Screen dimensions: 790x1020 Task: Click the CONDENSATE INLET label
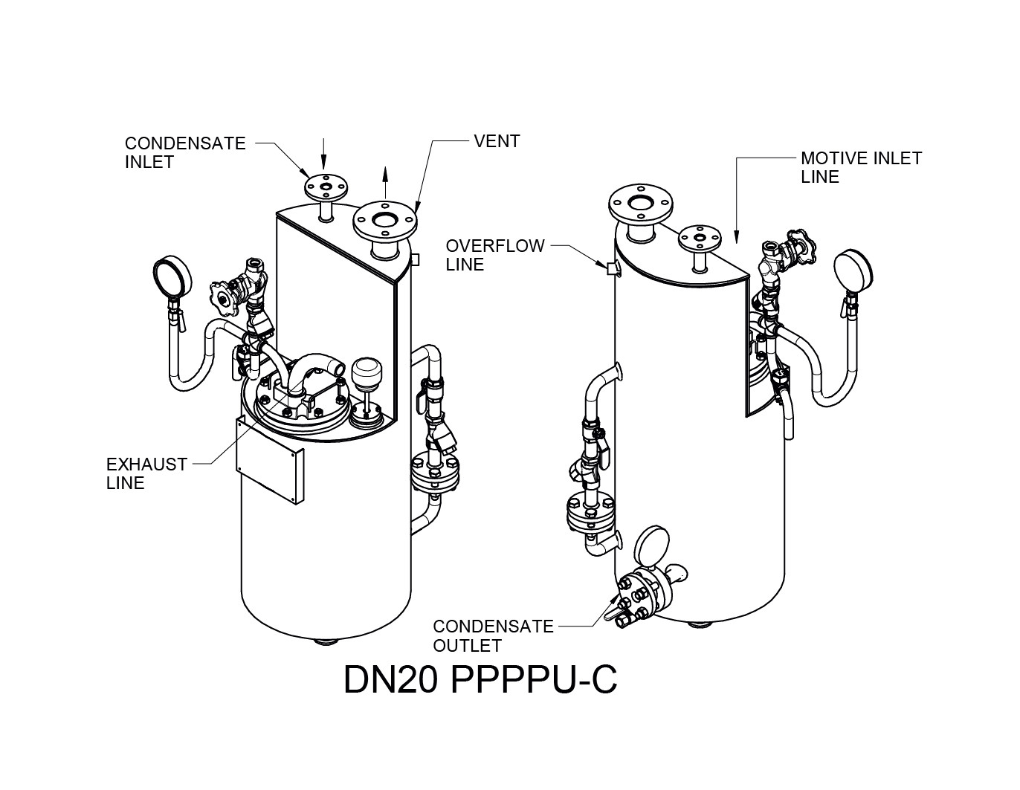pos(184,152)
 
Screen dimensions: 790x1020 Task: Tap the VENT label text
pos(497,141)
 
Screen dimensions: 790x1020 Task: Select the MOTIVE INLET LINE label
pos(860,167)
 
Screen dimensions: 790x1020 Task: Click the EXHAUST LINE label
pos(146,473)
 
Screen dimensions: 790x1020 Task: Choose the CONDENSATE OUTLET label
pos(493,636)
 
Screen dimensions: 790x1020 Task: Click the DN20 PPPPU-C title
pos(480,679)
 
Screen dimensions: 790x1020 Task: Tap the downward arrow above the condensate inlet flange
pos(323,152)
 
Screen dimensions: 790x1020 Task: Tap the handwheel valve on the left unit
pos(224,296)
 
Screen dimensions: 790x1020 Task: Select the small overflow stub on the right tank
pos(613,268)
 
